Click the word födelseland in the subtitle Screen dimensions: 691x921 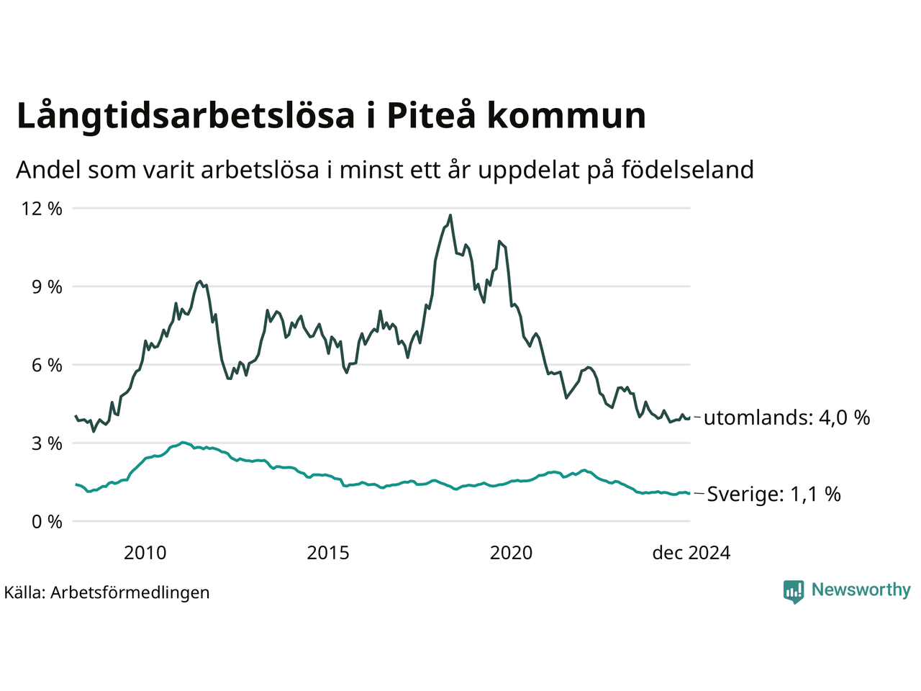[x=687, y=170]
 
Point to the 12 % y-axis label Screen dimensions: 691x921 [x=42, y=209]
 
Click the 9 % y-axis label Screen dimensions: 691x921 [x=45, y=286]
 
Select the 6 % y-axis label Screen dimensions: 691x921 [x=45, y=365]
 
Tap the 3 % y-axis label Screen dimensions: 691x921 [x=45, y=443]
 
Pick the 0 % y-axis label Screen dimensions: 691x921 [x=45, y=522]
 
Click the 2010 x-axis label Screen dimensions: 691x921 [x=145, y=553]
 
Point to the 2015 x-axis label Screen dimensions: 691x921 [x=328, y=553]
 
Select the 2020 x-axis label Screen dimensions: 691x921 [x=511, y=553]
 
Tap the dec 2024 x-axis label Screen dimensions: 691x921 [x=691, y=553]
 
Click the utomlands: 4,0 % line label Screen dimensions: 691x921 [x=786, y=417]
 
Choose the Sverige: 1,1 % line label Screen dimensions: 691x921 [x=773, y=494]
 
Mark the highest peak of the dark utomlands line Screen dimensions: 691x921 [x=450, y=215]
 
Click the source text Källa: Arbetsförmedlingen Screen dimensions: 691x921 [x=106, y=592]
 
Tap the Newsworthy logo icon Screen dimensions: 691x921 [x=794, y=591]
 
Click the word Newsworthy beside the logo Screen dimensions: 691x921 [x=861, y=590]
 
